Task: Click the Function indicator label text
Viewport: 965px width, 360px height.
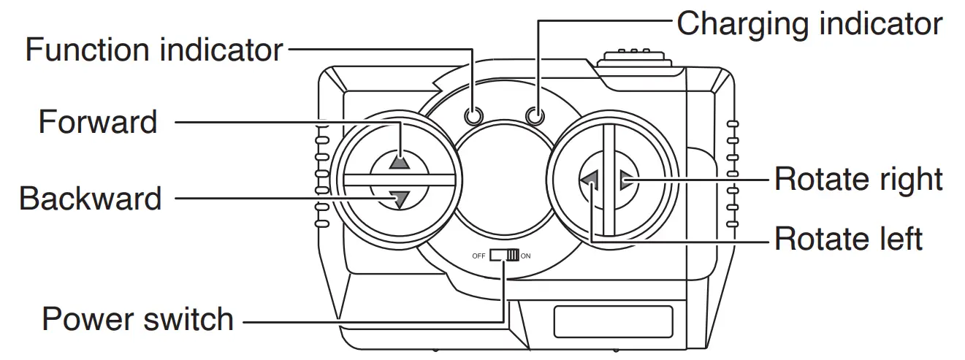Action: click(x=153, y=50)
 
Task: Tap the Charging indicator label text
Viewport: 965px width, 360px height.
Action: click(x=809, y=23)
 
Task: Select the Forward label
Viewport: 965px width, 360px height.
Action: click(x=97, y=122)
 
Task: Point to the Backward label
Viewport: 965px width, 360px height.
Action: click(x=90, y=198)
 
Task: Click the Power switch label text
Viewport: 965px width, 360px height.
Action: click(x=137, y=319)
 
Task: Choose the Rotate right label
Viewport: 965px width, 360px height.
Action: click(x=858, y=179)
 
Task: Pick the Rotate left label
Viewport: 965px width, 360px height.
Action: click(x=848, y=238)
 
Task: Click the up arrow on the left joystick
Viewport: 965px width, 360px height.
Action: click(x=399, y=161)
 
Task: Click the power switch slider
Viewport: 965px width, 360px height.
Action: click(x=504, y=256)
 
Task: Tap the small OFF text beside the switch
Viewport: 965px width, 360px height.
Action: click(x=478, y=256)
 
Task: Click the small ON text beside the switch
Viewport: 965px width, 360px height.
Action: click(x=526, y=256)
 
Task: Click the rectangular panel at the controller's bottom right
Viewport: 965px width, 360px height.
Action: click(x=612, y=322)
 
